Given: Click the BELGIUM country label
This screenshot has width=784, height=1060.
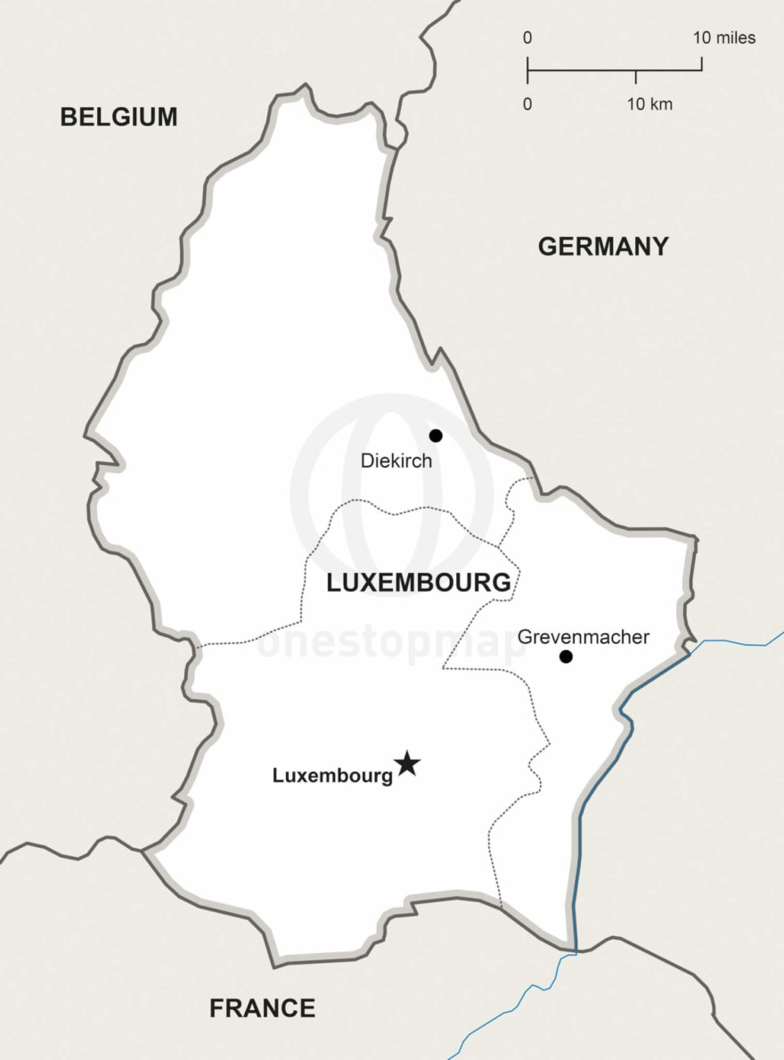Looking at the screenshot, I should point(118,117).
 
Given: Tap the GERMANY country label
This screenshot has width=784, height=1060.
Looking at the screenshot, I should point(603,247).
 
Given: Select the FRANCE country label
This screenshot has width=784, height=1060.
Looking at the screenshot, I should point(262,1008).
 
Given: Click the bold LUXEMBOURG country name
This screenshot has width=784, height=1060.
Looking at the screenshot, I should point(419,583).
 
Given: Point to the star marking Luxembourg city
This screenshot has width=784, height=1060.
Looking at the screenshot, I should point(407,763).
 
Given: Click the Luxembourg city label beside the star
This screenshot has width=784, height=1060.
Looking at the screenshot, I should point(332,776).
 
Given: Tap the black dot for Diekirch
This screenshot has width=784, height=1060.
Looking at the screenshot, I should point(436,436).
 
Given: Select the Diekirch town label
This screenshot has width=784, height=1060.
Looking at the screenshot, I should point(396,461).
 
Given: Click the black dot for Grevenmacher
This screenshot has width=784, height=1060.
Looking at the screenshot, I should point(566,656).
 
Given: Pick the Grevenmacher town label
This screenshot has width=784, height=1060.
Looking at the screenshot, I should point(584,637).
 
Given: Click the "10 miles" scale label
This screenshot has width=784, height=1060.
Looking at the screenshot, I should point(724,38).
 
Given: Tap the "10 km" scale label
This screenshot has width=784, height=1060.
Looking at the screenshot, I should point(649,104).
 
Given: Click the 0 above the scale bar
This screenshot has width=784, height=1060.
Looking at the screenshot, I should point(527,38).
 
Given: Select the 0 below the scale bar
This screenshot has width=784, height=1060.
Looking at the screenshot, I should point(527,104).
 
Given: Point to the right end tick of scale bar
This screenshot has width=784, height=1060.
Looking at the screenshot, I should point(701,64).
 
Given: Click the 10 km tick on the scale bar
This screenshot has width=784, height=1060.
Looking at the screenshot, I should point(635,77).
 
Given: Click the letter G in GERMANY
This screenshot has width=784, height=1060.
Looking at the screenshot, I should point(548,247).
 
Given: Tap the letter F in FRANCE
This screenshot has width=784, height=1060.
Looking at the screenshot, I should point(216,1008).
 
